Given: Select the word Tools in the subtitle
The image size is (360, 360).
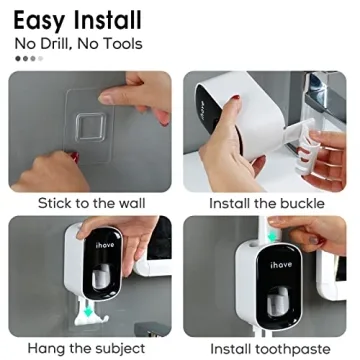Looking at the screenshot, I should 120,43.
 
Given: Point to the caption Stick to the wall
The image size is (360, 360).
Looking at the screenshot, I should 90,202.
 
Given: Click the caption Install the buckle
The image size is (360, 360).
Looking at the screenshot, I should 266,202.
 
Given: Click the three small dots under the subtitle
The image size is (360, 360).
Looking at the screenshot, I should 27,58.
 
